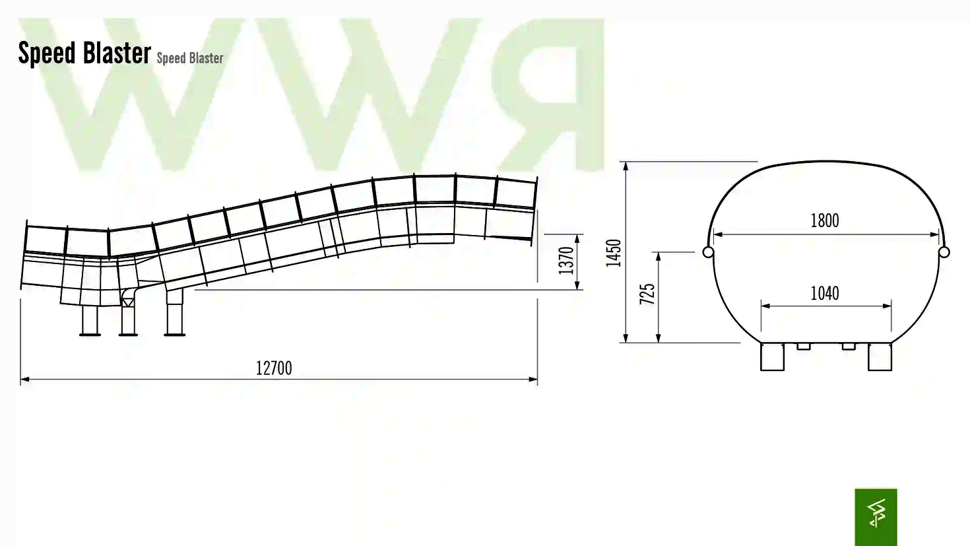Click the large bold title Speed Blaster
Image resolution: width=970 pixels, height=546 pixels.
[x=84, y=53]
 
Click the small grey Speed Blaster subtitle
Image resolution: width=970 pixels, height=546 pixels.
[x=189, y=58]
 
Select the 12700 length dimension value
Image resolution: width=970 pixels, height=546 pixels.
[x=274, y=368]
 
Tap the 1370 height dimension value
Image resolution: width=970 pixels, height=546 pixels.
[x=566, y=260]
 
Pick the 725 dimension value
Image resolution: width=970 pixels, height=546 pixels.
[x=647, y=294]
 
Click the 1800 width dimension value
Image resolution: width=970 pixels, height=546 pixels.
[x=825, y=221]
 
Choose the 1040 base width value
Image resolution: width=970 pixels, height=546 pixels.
[x=825, y=293]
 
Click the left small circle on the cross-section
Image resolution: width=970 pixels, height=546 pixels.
[x=708, y=252]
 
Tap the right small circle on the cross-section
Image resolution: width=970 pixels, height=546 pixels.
[x=944, y=252]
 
